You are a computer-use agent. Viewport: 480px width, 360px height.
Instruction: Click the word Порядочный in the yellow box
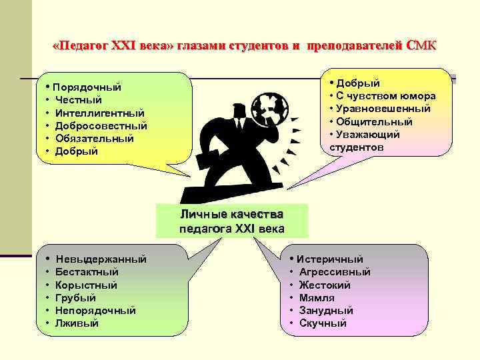tap(87, 87)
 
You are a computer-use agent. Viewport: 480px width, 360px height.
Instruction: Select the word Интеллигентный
tap(100, 113)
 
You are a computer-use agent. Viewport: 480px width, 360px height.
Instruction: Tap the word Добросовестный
tap(101, 126)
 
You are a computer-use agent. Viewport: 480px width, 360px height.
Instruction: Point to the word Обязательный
tap(95, 139)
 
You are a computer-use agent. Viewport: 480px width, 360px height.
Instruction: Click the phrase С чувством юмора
tap(387, 96)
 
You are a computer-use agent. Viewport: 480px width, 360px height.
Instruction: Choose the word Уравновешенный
tap(383, 109)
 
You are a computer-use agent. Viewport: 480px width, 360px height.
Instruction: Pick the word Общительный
tap(374, 121)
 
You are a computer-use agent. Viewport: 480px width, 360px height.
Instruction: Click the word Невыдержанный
tap(101, 259)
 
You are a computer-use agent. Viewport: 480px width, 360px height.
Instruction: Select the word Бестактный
tap(87, 272)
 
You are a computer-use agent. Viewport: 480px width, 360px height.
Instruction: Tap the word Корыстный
tap(87, 285)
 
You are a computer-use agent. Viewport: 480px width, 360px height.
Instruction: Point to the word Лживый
tap(77, 323)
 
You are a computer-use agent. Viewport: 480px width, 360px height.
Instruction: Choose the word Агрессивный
tap(335, 272)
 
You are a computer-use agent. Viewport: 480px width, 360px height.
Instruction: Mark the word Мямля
tap(317, 298)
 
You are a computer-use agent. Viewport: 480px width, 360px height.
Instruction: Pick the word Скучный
tap(323, 323)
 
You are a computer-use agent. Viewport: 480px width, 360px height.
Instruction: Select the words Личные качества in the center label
tap(231, 215)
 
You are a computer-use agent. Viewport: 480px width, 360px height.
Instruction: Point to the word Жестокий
tap(325, 285)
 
